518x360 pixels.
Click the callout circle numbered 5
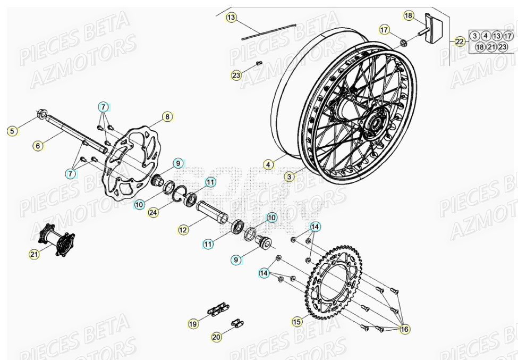[11, 130]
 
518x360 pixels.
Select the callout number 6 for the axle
[37, 144]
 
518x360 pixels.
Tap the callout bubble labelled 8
[167, 116]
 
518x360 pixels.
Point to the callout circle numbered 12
[183, 230]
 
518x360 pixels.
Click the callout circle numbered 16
[405, 330]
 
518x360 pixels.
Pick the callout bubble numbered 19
[192, 323]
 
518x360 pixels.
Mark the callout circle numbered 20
[216, 336]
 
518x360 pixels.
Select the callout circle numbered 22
[460, 41]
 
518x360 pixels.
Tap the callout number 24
[153, 213]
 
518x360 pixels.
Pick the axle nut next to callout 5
[41, 113]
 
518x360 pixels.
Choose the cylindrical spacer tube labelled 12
[213, 212]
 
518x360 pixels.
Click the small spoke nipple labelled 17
[403, 42]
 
